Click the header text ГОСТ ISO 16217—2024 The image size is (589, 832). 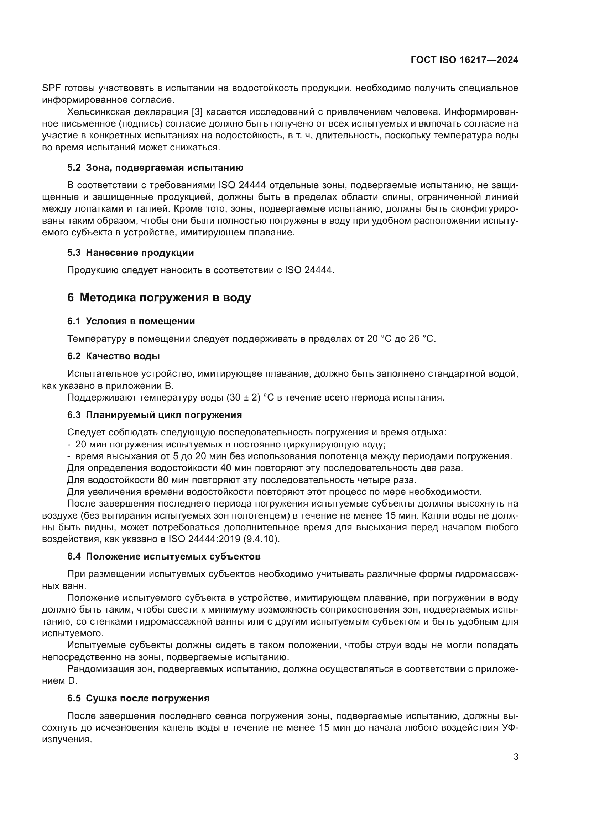click(464, 60)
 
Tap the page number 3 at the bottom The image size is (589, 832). click(516, 757)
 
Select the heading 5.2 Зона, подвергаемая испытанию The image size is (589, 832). click(155, 168)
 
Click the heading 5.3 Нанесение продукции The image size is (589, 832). click(131, 253)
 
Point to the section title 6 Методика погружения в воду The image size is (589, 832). click(159, 297)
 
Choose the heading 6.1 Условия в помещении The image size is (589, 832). click(131, 321)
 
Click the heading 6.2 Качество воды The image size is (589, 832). click(114, 356)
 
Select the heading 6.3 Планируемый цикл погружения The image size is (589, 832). click(155, 414)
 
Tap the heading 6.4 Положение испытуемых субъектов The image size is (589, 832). click(164, 556)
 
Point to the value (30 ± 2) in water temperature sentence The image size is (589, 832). click(243, 398)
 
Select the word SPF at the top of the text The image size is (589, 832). click(51, 88)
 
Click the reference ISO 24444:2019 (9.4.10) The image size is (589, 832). click(224, 539)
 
